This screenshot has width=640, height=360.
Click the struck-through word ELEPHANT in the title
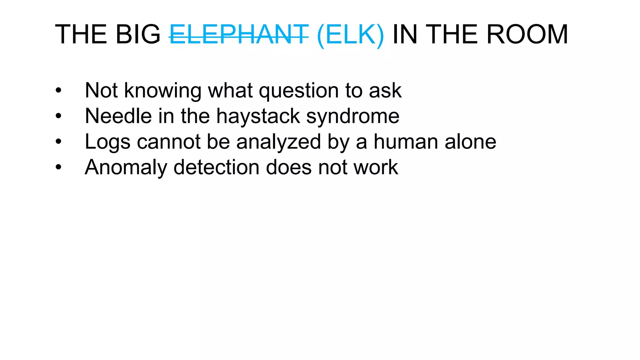pyautogui.click(x=239, y=34)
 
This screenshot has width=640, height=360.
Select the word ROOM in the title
pyautogui.click(x=527, y=34)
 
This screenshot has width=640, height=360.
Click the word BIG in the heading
pyautogui.click(x=138, y=34)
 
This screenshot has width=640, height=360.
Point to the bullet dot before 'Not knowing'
pyautogui.click(x=58, y=91)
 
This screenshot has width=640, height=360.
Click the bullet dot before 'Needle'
pyautogui.click(x=58, y=116)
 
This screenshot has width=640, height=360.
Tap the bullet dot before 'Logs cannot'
pyautogui.click(x=58, y=142)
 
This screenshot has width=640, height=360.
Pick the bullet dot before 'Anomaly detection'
pyautogui.click(x=58, y=167)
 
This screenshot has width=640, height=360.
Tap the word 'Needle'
pyautogui.click(x=118, y=116)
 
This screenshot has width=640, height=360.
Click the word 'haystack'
pyautogui.click(x=258, y=116)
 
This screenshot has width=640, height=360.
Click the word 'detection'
pyautogui.click(x=216, y=167)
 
